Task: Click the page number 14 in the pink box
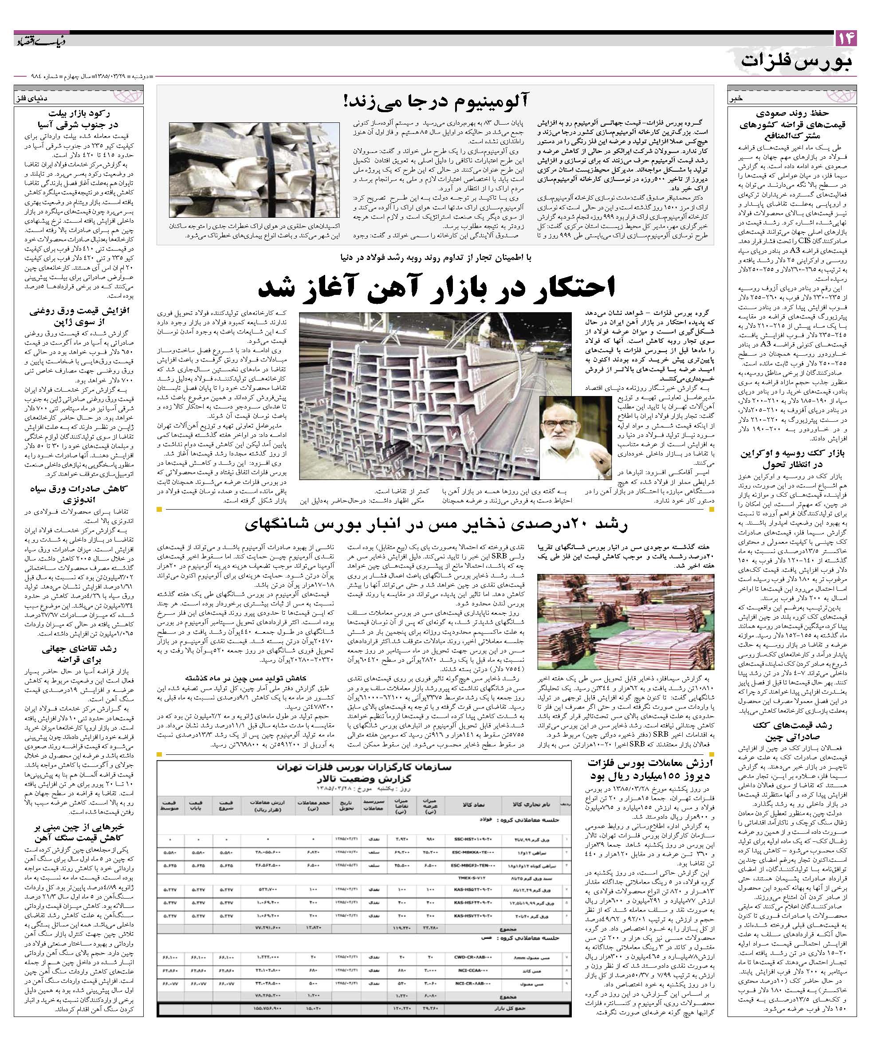click(x=845, y=39)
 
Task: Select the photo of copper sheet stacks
click(x=625, y=621)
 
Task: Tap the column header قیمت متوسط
click(x=168, y=804)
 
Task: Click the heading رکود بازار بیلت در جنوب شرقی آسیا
click(x=79, y=119)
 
